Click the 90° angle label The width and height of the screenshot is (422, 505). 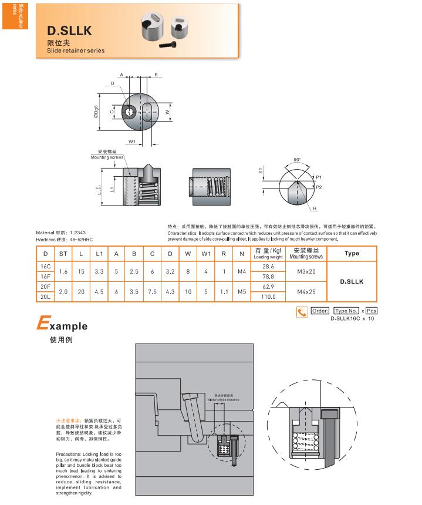coord(297,159)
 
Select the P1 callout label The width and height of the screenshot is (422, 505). coord(318,177)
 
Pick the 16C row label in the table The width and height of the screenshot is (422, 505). coord(45,266)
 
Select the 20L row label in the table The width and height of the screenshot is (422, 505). coord(45,297)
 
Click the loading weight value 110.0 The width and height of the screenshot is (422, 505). coord(268,297)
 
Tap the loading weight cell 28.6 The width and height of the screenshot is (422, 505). coord(268,266)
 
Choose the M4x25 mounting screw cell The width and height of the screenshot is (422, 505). coord(306,292)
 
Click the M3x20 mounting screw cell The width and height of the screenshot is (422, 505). coord(306,271)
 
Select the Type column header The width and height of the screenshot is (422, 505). coord(352,253)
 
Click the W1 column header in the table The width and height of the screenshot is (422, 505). coord(205,253)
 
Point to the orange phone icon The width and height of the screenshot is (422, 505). coord(302,312)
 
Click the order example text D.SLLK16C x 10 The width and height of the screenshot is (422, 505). coord(352,318)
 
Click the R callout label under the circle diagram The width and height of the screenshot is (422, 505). coord(315,208)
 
